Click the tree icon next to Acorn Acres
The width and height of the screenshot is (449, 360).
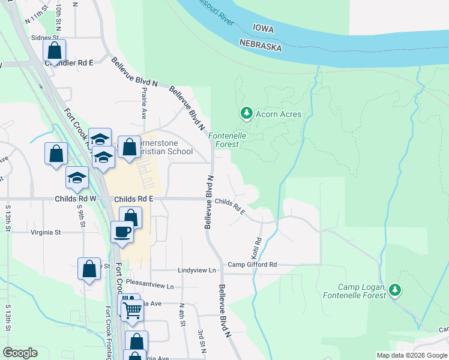[x=246, y=112]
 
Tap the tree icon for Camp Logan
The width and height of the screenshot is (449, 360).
[x=394, y=290]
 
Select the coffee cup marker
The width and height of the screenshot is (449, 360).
[x=122, y=232]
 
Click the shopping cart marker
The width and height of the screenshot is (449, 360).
[x=133, y=310]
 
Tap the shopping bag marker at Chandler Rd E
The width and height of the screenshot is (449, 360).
[x=54, y=50]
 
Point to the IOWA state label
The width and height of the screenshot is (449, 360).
[x=263, y=28]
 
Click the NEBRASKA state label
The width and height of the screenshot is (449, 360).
[x=261, y=45]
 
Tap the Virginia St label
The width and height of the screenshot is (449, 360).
[x=46, y=232]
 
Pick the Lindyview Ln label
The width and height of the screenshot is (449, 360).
[x=196, y=271]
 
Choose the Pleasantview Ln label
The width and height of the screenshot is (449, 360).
[x=154, y=286]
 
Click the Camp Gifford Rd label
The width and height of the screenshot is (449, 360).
[x=252, y=265]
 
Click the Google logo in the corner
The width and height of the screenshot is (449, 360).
[x=20, y=353]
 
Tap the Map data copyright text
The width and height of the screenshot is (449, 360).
[x=411, y=355]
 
